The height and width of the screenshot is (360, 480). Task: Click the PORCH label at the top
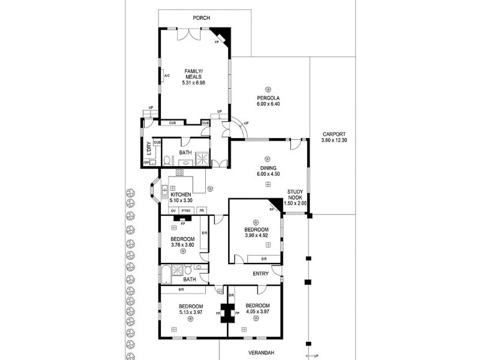[x=201, y=18]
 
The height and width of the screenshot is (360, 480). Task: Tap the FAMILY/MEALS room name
[x=193, y=74]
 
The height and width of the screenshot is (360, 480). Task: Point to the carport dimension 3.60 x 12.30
[x=334, y=140]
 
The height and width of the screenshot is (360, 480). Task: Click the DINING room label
[x=268, y=168]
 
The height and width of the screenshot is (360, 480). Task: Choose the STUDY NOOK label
[x=295, y=194]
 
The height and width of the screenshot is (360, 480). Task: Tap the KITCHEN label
[x=181, y=195]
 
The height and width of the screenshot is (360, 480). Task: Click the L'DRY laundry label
[x=148, y=149]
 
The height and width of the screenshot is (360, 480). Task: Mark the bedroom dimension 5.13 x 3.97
[x=191, y=312]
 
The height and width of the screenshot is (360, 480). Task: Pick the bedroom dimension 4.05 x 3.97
[x=259, y=312]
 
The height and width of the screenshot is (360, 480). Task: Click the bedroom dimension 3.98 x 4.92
[x=256, y=236]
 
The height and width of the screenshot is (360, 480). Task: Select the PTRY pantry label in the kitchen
[x=186, y=211]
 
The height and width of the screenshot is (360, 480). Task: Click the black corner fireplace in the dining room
[x=276, y=205]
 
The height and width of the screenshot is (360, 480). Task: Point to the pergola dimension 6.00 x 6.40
[x=269, y=104]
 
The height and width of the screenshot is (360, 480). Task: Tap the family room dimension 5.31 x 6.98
[x=193, y=82]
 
